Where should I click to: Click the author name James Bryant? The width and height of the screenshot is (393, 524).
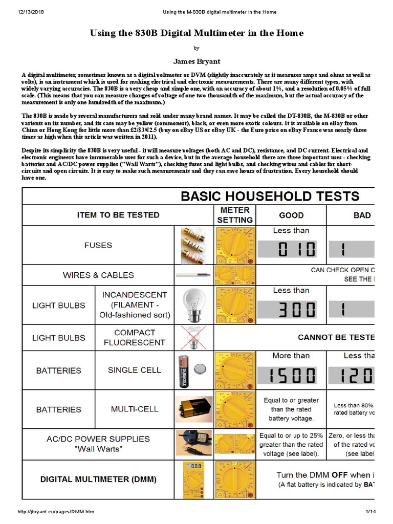[196, 61]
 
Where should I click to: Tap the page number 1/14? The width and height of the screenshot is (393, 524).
[370, 511]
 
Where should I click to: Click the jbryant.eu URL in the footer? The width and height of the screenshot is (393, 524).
[56, 511]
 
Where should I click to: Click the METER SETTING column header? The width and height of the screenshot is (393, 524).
[235, 215]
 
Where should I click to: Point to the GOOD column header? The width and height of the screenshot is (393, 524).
[291, 215]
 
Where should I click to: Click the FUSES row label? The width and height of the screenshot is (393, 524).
[98, 245]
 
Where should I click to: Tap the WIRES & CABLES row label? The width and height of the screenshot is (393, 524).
[98, 275]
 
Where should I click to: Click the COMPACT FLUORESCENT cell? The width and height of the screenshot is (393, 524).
[134, 338]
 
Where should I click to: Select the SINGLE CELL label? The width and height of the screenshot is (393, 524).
[134, 370]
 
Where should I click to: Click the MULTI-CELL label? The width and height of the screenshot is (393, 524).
[134, 409]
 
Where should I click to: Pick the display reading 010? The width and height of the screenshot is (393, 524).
[291, 249]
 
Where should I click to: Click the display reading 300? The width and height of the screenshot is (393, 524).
[291, 310]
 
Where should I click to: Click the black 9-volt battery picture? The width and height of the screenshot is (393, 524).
[194, 409]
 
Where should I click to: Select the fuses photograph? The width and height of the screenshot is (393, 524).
[194, 245]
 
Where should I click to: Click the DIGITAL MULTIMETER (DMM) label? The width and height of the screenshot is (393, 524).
[98, 479]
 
